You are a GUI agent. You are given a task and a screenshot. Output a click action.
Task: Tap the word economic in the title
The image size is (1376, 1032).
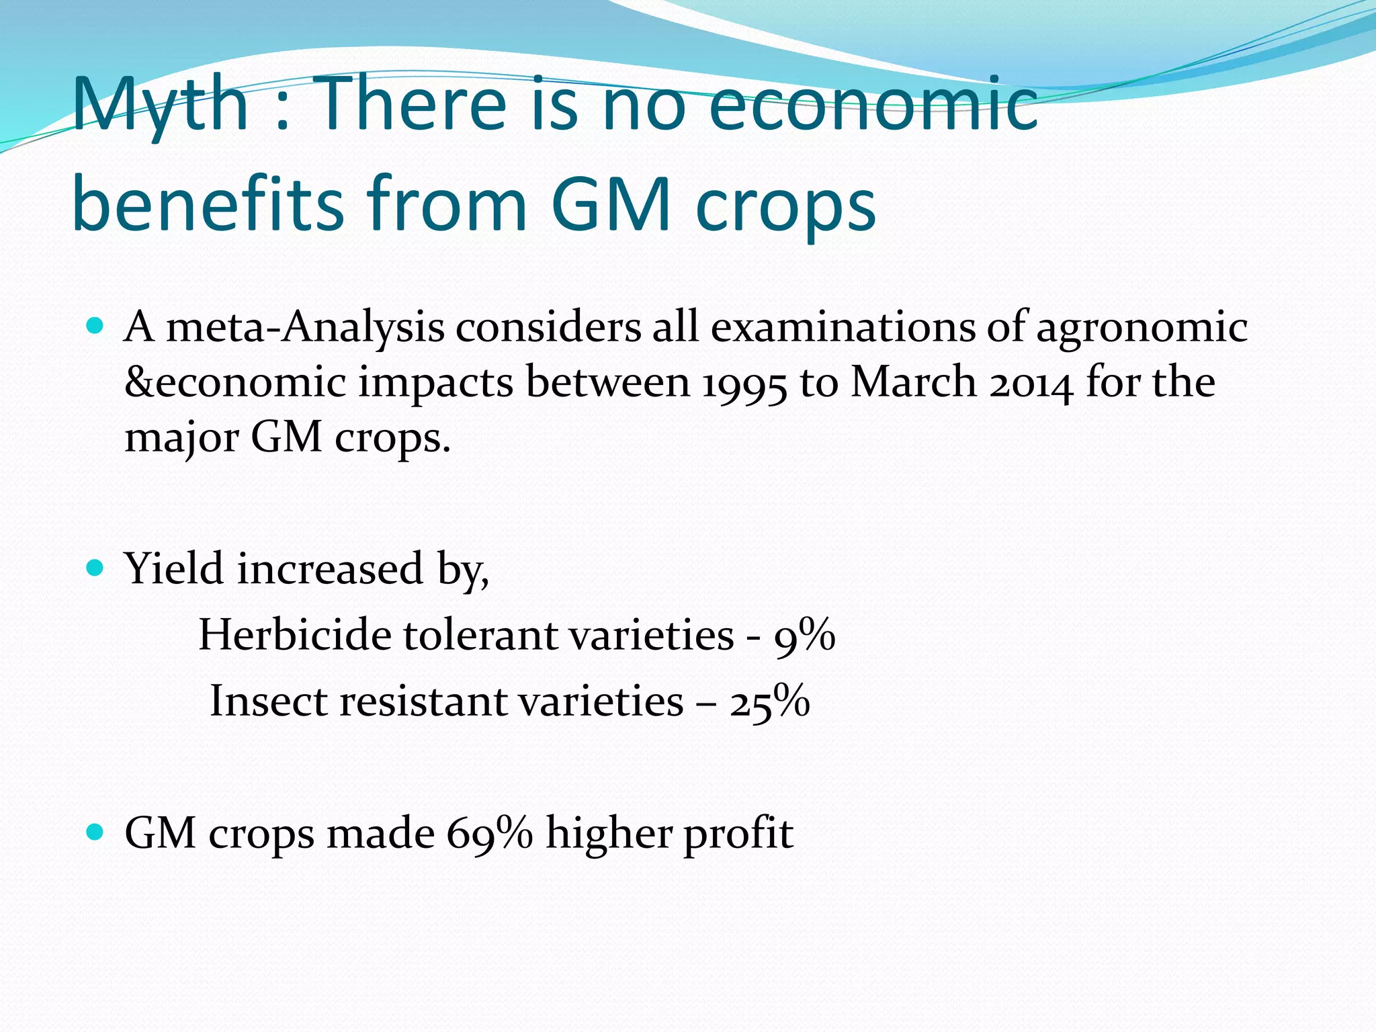tap(873, 104)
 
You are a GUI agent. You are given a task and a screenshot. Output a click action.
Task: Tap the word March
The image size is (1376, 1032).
tap(914, 382)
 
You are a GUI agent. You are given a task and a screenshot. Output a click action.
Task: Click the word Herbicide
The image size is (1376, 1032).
tap(294, 634)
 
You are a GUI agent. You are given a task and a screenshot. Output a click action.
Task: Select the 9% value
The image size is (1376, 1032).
tap(804, 636)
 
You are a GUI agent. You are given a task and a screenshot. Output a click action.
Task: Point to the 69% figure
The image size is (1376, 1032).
tap(489, 834)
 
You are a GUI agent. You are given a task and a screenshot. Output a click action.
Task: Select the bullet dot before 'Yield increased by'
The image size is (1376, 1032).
tap(95, 568)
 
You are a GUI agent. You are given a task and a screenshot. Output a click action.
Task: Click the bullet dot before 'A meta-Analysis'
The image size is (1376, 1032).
tap(95, 327)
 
